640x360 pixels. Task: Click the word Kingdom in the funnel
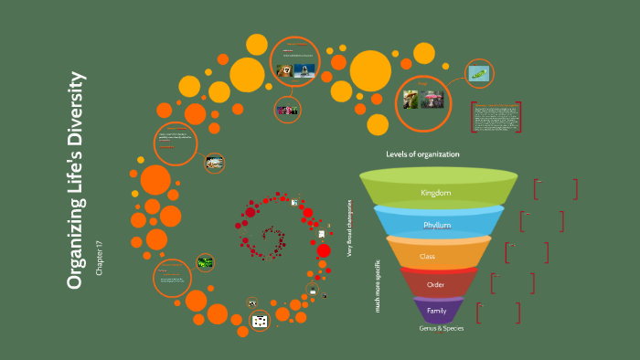pyautogui.click(x=436, y=193)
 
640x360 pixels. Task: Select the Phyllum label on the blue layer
pyautogui.click(x=436, y=226)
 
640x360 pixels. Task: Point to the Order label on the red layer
pyautogui.click(x=436, y=285)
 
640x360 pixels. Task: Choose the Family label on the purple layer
pyautogui.click(x=436, y=311)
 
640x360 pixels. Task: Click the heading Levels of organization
pyautogui.click(x=422, y=154)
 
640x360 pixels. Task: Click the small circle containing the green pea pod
pyautogui.click(x=479, y=73)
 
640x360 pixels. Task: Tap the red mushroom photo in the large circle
pyautogui.click(x=432, y=99)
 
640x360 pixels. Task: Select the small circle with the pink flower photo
pyautogui.click(x=288, y=110)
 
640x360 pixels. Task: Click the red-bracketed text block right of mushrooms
pyautogui.click(x=496, y=118)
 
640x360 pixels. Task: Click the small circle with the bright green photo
pyautogui.click(x=206, y=262)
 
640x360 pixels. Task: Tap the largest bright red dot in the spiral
pyautogui.click(x=324, y=250)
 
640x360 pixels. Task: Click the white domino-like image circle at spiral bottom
pyautogui.click(x=260, y=321)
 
